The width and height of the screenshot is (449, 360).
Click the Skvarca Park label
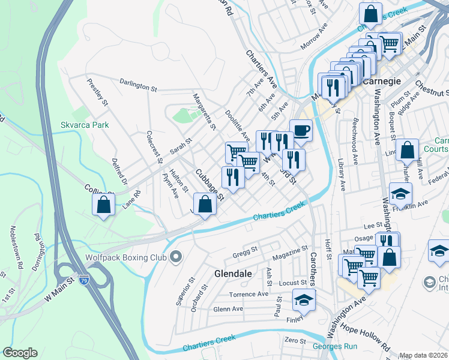[x=85, y=125]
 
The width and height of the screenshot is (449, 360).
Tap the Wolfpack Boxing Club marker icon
[x=176, y=257]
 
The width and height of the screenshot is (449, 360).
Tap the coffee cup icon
[x=301, y=130]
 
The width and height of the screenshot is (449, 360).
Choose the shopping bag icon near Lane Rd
[x=104, y=204]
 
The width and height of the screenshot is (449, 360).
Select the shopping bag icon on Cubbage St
[x=205, y=203]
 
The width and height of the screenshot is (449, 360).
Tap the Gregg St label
[x=245, y=249]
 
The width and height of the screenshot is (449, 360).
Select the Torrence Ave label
[x=249, y=295]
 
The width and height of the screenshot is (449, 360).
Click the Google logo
[x=20, y=353]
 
